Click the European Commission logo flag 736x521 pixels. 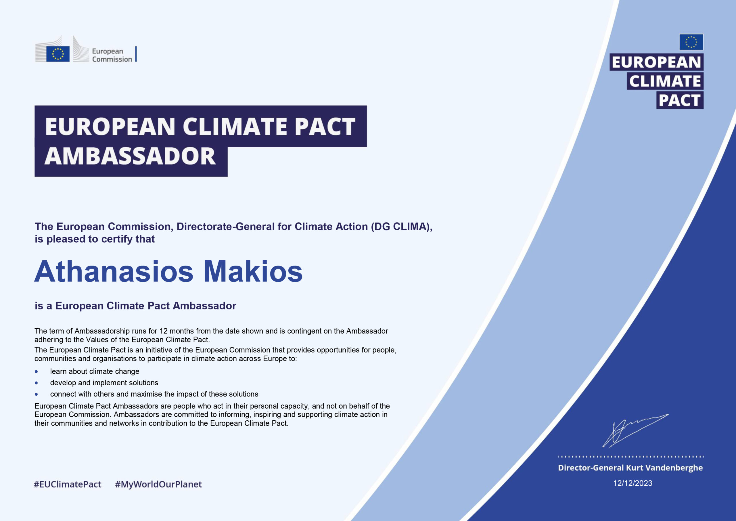58,53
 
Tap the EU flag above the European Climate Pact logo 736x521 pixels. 691,42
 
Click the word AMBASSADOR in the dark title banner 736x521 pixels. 130,156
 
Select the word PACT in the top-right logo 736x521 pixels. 679,100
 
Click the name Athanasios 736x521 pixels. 114,271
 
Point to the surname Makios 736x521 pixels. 253,271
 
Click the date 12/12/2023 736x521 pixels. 632,483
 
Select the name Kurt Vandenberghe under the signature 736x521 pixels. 664,468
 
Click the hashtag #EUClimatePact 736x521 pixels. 68,484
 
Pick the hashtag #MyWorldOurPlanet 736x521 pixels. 158,484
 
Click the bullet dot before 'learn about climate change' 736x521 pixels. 36,371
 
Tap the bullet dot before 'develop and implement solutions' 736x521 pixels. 36,383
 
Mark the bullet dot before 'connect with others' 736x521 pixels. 36,394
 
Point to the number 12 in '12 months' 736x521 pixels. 164,331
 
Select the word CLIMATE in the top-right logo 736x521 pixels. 665,81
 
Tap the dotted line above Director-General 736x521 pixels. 631,457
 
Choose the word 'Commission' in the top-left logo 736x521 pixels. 112,59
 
